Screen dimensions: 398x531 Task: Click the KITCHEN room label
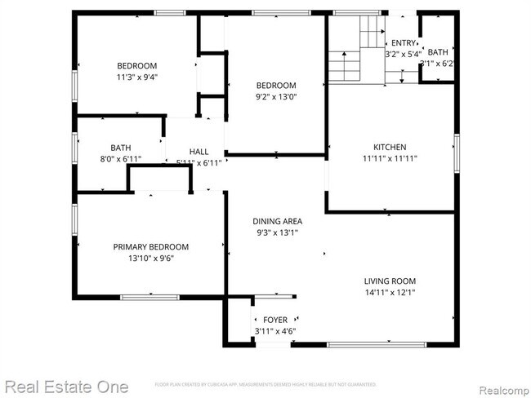[390, 148]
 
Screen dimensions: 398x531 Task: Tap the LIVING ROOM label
[390, 282]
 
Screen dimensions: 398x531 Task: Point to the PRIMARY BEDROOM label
[151, 247]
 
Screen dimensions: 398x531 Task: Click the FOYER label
[274, 320]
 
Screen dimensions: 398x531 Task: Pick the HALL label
[199, 152]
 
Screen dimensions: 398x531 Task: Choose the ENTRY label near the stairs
[403, 43]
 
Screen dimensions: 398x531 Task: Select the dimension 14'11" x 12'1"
[390, 293]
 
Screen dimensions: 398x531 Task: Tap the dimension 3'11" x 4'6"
[274, 331]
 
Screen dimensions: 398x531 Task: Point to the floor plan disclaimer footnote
[265, 383]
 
